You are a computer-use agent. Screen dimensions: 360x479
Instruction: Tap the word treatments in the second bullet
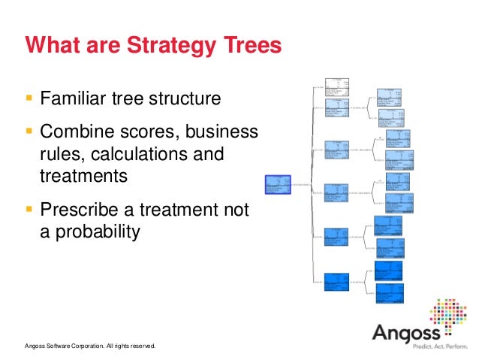click(x=83, y=177)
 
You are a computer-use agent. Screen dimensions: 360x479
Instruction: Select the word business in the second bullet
click(x=223, y=132)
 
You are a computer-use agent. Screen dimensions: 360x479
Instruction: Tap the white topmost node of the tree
click(x=337, y=88)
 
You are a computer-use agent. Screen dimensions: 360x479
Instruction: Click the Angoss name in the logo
click(x=406, y=331)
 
